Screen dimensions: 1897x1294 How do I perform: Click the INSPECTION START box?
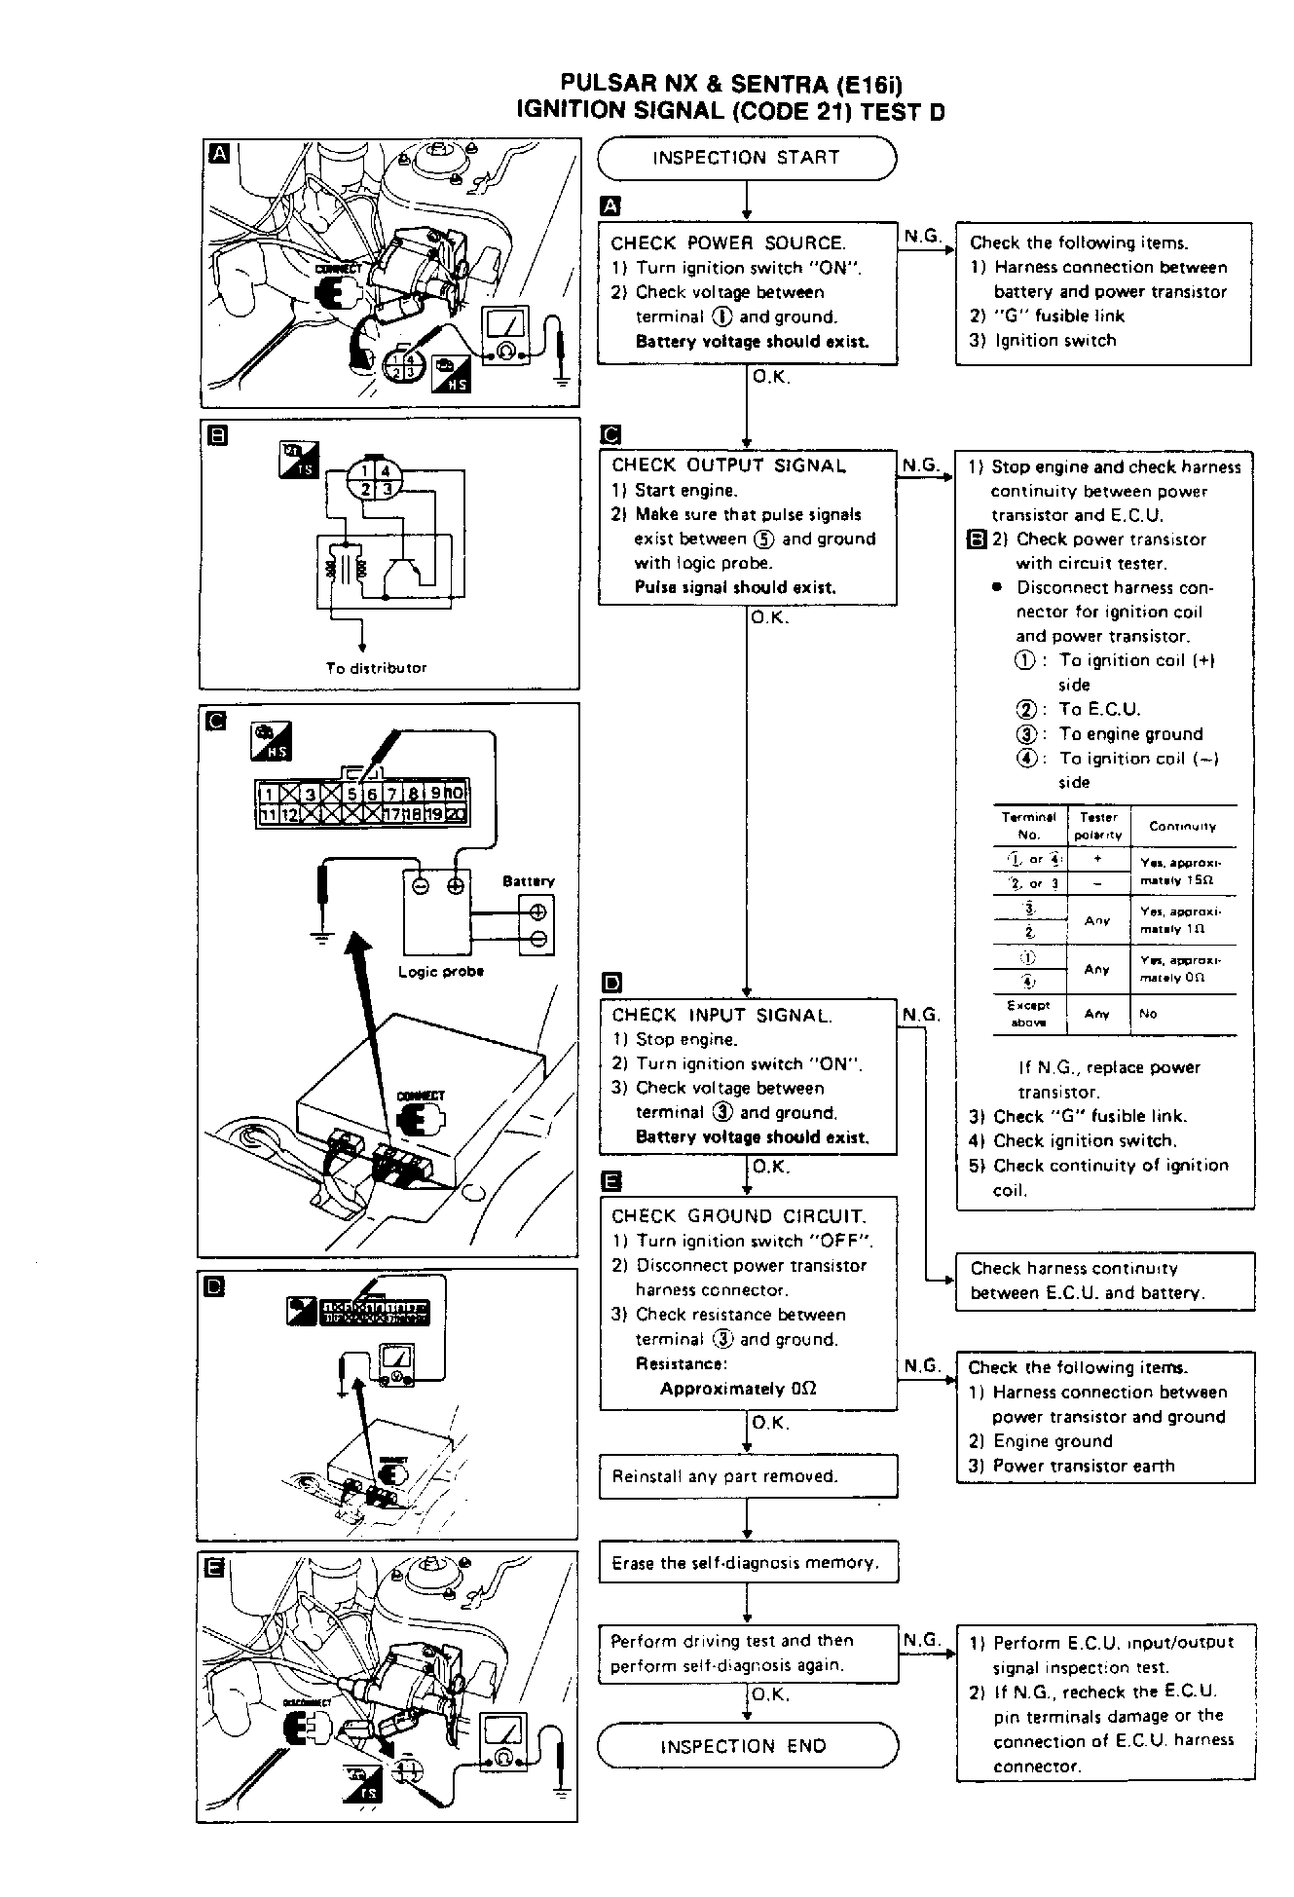pyautogui.click(x=746, y=158)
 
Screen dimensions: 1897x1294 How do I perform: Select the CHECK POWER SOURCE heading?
pyautogui.click(x=727, y=243)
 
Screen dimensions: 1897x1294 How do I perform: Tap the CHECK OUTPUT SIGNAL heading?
pyautogui.click(x=728, y=465)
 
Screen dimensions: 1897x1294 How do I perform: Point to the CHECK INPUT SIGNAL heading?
pyautogui.click(x=721, y=1016)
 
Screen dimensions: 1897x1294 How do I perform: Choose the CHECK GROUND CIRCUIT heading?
pyautogui.click(x=738, y=1215)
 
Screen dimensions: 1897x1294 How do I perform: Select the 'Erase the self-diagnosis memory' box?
pyautogui.click(x=747, y=1563)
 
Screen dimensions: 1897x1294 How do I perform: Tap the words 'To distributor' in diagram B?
pyautogui.click(x=376, y=668)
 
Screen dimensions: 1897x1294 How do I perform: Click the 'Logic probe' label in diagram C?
pyautogui.click(x=441, y=971)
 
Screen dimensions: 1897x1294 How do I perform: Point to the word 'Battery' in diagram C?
pyautogui.click(x=528, y=881)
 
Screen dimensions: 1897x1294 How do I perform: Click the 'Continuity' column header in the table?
pyautogui.click(x=1182, y=826)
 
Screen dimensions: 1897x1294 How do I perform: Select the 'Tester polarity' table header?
pyautogui.click(x=1098, y=826)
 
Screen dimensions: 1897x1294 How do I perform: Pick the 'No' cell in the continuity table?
pyautogui.click(x=1148, y=1014)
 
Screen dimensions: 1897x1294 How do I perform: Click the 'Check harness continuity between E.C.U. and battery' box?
pyautogui.click(x=1104, y=1281)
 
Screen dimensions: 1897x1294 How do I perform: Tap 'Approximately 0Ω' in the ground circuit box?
pyautogui.click(x=737, y=1389)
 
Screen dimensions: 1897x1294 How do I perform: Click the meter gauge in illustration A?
pyautogui.click(x=506, y=333)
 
